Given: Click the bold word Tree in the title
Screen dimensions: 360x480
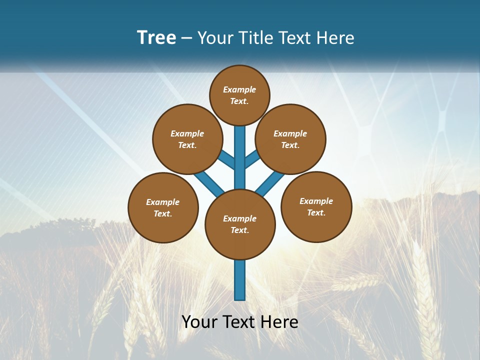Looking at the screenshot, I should pos(156,38).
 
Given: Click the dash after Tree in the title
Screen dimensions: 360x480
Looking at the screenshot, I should pos(186,38).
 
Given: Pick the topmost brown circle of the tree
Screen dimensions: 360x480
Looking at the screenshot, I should pos(239,95).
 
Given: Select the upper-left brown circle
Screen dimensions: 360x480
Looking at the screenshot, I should pos(187,139).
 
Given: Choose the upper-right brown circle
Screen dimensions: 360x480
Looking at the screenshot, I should pos(290,139).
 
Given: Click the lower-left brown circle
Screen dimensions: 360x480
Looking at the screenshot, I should pos(163,207).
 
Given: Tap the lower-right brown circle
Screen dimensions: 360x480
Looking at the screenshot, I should pos(316,206).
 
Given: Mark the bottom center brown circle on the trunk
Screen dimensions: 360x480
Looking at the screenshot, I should pos(240,224).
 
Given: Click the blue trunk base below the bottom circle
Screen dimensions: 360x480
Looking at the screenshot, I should pos(240,280).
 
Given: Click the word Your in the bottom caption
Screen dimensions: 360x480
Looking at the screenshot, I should pos(199,322).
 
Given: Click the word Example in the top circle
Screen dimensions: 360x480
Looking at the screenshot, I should pos(239,90).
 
